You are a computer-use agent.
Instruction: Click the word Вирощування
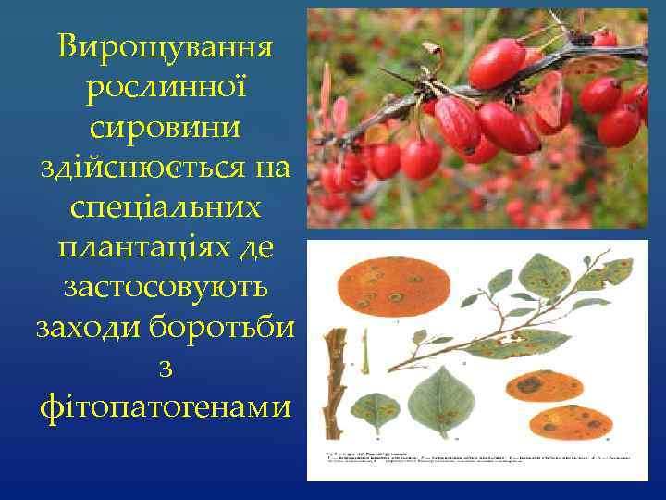click(165, 46)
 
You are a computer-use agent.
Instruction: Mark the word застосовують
click(165, 287)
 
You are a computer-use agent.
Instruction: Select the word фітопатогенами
click(165, 406)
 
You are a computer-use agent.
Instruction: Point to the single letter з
click(165, 368)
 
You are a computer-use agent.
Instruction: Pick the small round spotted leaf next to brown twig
click(375, 408)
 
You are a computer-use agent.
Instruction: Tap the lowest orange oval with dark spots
click(571, 422)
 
